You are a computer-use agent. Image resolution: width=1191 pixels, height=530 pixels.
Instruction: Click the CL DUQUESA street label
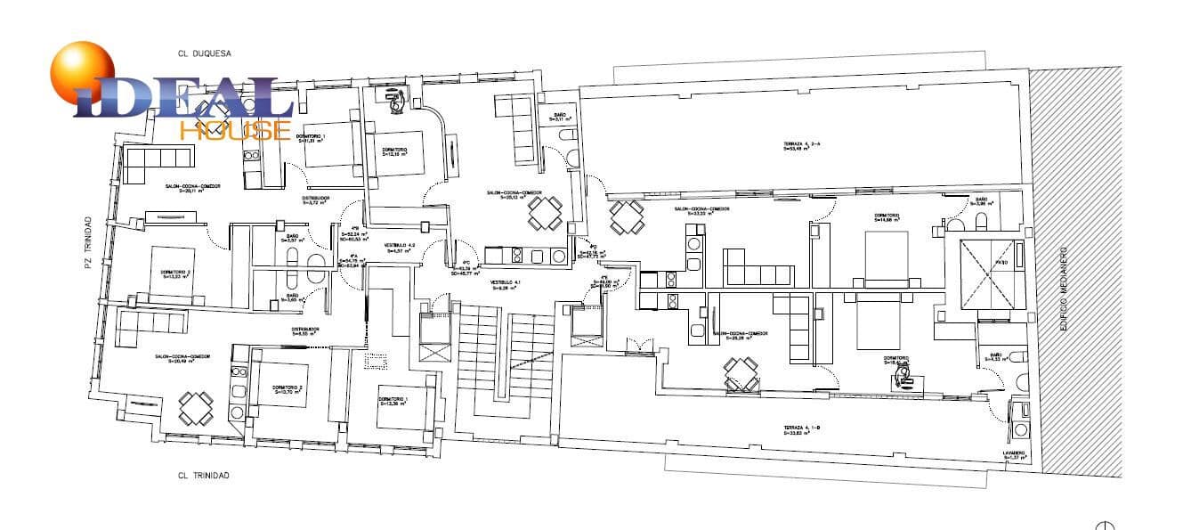(x=205, y=53)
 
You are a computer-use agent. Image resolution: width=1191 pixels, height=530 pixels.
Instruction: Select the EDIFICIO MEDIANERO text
(x=1063, y=290)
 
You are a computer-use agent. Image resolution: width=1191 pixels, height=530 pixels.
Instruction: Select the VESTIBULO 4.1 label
(x=505, y=284)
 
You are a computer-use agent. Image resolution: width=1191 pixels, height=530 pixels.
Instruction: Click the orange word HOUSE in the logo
(x=235, y=131)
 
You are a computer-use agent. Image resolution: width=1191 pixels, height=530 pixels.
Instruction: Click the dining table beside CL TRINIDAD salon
(x=195, y=408)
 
